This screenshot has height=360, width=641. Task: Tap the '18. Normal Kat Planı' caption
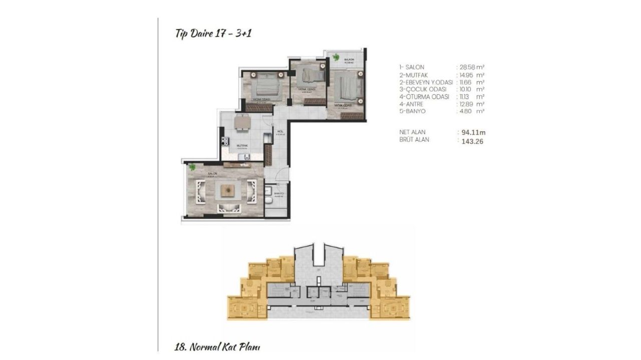(218, 346)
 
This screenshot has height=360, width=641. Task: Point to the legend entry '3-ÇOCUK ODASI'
(423, 89)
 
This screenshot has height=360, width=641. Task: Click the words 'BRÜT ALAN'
(414, 140)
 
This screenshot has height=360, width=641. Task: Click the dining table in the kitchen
(242, 122)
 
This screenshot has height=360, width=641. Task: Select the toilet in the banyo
(269, 201)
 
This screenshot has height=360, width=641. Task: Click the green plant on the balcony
(336, 57)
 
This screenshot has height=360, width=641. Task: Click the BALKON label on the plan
(349, 60)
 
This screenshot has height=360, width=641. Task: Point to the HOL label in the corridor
(280, 132)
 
